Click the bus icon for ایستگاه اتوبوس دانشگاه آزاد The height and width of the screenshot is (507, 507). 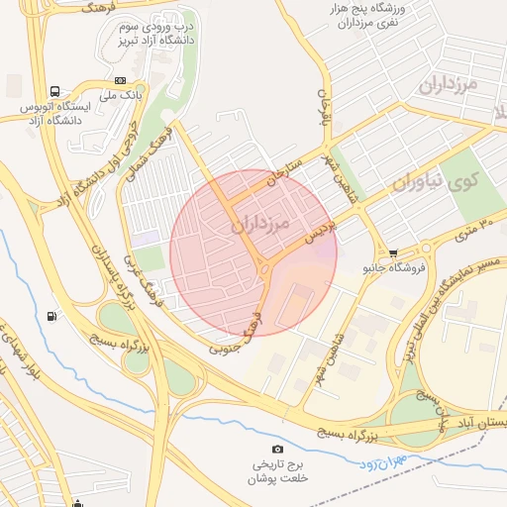(x=52, y=88)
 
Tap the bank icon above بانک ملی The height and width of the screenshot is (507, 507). (x=121, y=80)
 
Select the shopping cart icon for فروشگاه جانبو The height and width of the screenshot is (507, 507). (x=395, y=253)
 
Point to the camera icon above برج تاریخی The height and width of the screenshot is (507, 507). (x=277, y=450)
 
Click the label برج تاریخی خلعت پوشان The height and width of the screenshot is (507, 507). (x=278, y=470)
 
